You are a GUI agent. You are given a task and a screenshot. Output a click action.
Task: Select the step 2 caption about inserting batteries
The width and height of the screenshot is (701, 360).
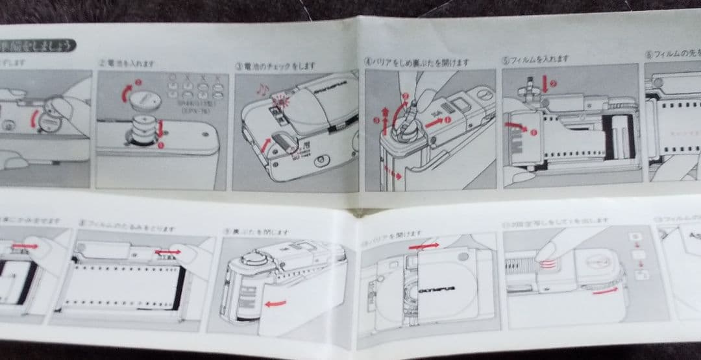pyautogui.click(x=127, y=64)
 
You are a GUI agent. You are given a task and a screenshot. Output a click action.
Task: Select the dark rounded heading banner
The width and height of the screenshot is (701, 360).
pyautogui.click(x=39, y=46)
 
